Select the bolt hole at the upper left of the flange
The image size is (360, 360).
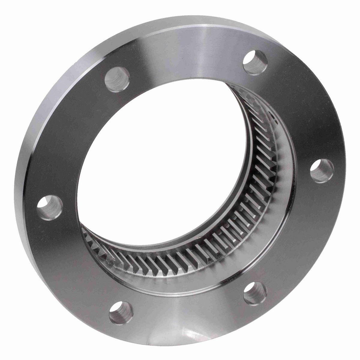coord(117,79)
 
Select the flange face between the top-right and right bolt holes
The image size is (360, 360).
coord(300,114)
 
